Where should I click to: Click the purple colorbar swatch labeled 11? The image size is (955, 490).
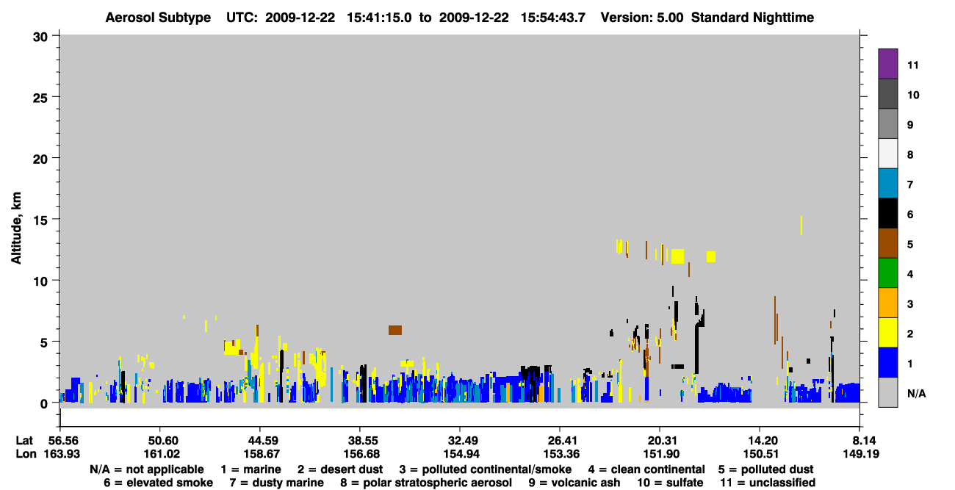[887, 63]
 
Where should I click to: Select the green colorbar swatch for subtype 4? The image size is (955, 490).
[887, 273]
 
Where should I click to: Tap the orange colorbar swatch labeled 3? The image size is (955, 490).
[887, 303]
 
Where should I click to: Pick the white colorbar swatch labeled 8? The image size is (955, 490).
[887, 153]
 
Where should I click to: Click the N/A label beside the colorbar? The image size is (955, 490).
[916, 393]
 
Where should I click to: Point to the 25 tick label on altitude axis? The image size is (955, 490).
[40, 98]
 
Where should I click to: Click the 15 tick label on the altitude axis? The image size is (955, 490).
[40, 220]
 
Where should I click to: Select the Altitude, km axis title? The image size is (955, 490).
[15, 228]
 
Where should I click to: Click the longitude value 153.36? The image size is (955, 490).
[561, 454]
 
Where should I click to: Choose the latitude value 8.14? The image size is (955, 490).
[861, 440]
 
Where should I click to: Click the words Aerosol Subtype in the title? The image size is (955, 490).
[158, 18]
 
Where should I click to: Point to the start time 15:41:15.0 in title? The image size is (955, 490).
[379, 18]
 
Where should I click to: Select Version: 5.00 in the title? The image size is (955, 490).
[642, 18]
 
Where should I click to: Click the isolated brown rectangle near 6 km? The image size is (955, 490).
[394, 330]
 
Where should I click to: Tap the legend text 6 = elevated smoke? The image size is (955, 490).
[158, 483]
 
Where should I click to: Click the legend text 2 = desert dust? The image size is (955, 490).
[340, 469]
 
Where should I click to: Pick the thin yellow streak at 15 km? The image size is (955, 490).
[801, 226]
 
